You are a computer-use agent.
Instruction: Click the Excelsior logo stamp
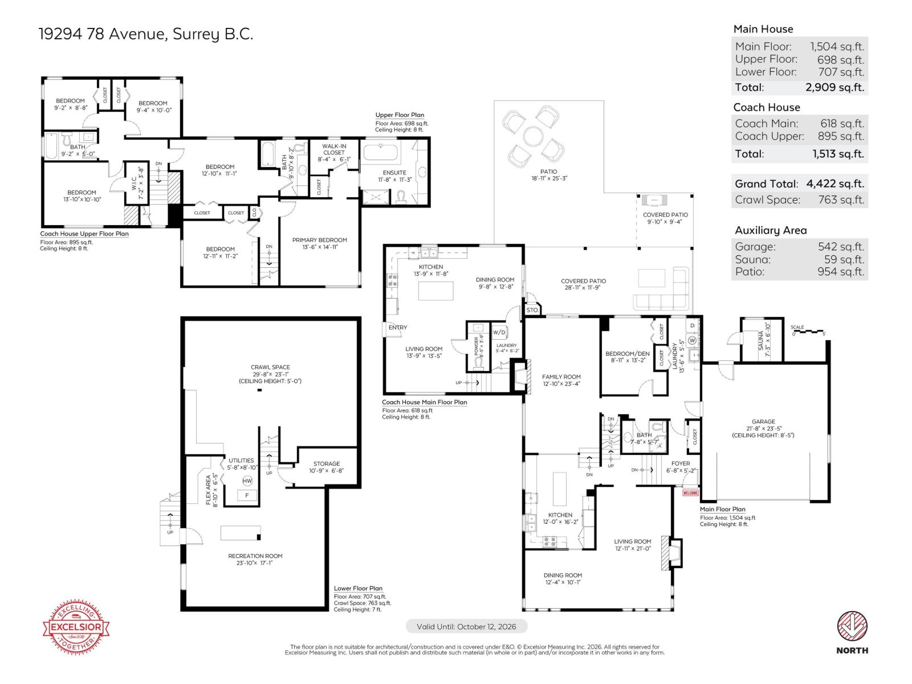point(76,628)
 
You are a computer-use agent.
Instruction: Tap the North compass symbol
point(852,627)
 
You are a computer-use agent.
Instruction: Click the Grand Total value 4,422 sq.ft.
point(835,184)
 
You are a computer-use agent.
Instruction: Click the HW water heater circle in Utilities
point(247,481)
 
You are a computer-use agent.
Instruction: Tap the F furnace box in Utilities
point(247,496)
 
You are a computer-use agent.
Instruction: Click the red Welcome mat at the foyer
point(690,492)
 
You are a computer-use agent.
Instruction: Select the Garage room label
point(763,422)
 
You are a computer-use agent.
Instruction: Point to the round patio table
point(534,137)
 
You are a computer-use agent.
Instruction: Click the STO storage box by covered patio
point(532,310)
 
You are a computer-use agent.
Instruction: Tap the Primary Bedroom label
point(319,240)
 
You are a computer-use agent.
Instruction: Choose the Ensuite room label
point(394,173)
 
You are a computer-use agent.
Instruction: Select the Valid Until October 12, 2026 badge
point(466,626)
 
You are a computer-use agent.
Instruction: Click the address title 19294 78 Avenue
point(145,34)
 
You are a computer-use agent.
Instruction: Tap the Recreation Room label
point(255,556)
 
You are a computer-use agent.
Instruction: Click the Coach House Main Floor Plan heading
point(424,402)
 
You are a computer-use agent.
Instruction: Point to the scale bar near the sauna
point(808,331)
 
